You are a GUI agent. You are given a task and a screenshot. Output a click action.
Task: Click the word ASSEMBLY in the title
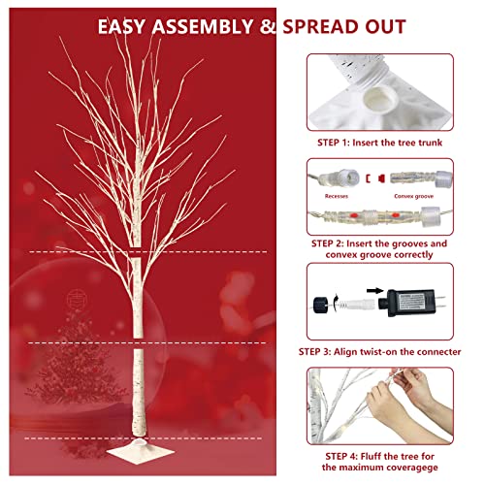coord(203,26)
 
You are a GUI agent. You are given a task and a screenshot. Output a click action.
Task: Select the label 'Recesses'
coord(337,196)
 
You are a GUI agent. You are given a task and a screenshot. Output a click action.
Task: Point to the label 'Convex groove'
coord(413,196)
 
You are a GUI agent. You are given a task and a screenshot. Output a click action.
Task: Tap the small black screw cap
coord(320,305)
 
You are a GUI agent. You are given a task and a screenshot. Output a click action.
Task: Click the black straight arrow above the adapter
coord(375,291)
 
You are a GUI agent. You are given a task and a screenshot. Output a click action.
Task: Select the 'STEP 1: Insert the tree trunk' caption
coord(379,143)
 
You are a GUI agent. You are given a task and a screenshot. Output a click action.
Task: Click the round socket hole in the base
coord(377,100)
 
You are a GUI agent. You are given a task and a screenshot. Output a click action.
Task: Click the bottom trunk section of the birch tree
coord(139,393)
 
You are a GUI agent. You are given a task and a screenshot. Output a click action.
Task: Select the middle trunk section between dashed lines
coord(137,298)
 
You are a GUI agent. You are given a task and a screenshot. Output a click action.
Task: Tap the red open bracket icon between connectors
coord(368,178)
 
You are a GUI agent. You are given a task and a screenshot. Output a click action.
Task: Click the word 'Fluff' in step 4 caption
coord(372,456)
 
